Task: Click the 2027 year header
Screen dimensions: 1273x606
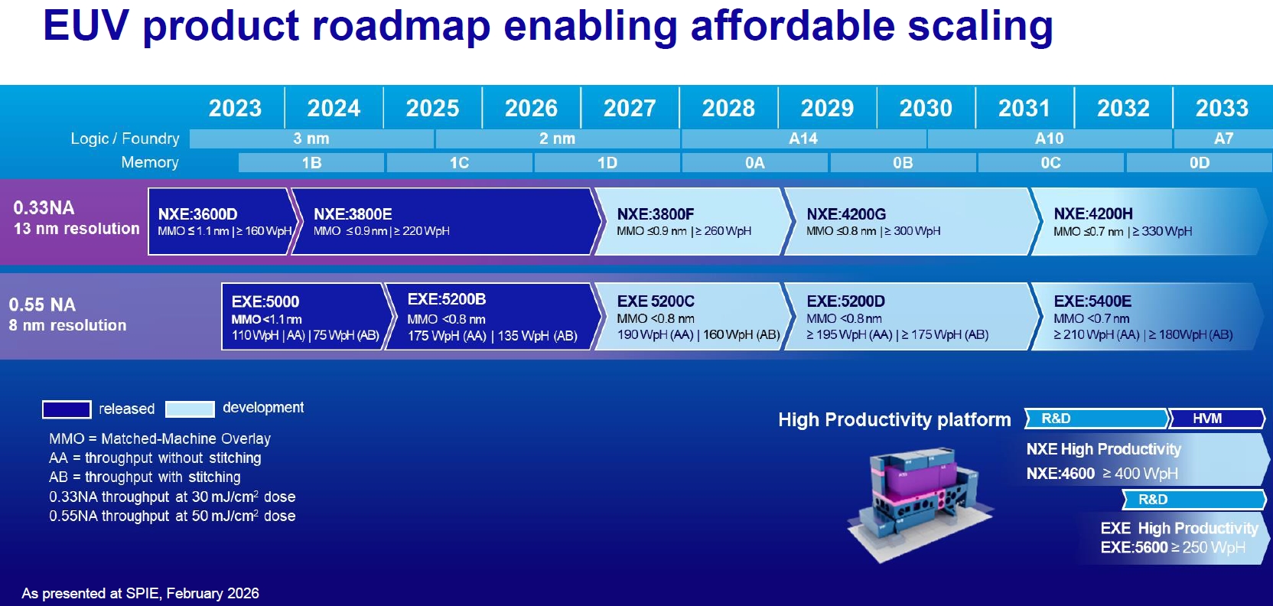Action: tap(630, 108)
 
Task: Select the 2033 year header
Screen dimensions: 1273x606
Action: tap(1222, 108)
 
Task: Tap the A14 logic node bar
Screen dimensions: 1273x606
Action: tap(803, 138)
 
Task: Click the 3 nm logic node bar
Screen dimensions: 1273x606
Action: tap(311, 138)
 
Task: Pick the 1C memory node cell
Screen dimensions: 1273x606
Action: tap(459, 162)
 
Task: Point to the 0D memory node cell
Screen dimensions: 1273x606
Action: tap(1200, 162)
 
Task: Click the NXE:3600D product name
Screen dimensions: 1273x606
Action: tap(198, 214)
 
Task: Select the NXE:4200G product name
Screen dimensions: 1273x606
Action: tap(846, 214)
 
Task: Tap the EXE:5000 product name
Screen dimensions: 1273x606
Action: tap(265, 301)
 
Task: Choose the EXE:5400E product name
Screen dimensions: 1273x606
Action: tap(1092, 301)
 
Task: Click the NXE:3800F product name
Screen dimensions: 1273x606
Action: tap(656, 214)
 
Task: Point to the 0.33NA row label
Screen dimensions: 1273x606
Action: tap(44, 208)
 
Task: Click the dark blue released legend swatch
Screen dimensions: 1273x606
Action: tap(67, 409)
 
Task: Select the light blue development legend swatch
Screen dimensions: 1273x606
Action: tap(190, 409)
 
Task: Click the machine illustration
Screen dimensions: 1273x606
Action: tap(920, 503)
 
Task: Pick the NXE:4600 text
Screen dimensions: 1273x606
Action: tap(1060, 474)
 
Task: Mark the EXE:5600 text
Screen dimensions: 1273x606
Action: tap(1135, 547)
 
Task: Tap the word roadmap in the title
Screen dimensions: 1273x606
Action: tap(401, 25)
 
